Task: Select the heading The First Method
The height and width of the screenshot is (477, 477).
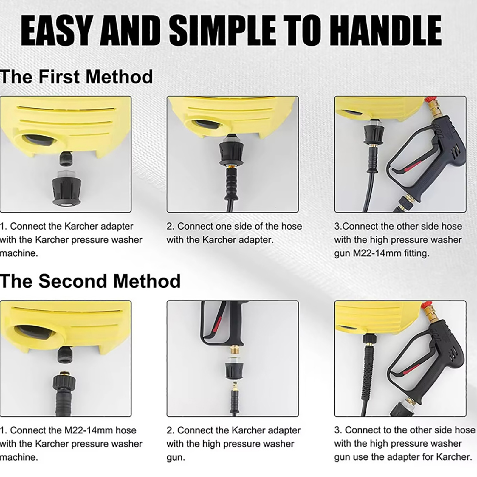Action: point(76,77)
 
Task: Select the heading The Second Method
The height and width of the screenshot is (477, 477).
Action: point(90,281)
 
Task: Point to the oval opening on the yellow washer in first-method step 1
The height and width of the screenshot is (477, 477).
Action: point(41,140)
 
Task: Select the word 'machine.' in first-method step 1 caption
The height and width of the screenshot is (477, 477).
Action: point(19,253)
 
